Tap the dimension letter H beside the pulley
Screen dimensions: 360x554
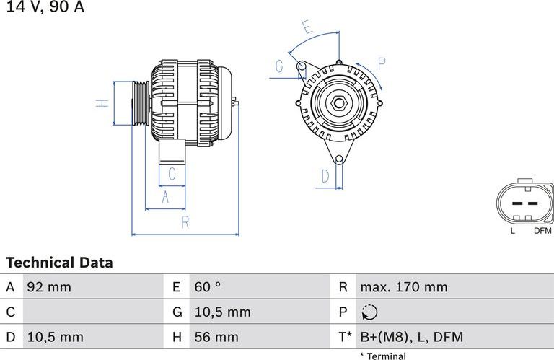[104, 102]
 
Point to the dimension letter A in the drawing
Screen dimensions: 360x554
[164, 197]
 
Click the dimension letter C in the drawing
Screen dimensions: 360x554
[172, 174]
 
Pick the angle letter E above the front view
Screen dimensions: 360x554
[307, 28]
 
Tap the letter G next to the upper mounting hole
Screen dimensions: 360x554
[279, 67]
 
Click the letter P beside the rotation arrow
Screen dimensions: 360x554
[381, 63]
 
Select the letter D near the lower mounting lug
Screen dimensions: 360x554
[325, 176]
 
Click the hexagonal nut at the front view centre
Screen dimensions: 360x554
[338, 103]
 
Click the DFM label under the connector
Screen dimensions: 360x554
[542, 231]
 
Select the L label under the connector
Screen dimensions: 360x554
[513, 231]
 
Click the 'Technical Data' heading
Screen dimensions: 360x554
[59, 263]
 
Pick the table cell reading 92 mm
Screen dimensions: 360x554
[49, 287]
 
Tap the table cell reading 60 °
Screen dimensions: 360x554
[208, 287]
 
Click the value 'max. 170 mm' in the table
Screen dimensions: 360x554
[403, 287]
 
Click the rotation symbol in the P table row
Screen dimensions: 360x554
[368, 312]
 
